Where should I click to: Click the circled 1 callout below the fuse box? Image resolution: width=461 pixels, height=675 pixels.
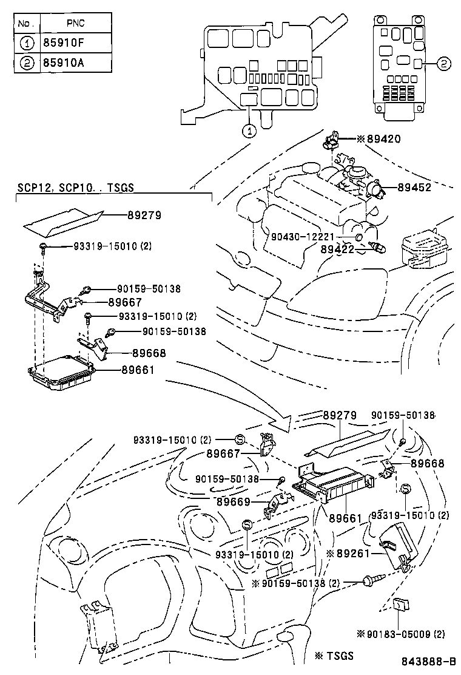click(250, 129)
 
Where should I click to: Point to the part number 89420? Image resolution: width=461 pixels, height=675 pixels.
click(382, 139)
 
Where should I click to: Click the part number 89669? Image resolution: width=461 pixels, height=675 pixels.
click(234, 501)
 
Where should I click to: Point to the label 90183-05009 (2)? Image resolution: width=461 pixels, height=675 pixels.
click(401, 634)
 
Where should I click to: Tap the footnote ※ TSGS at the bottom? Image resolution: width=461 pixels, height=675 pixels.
click(334, 656)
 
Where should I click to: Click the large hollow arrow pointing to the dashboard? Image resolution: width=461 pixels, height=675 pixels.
click(276, 419)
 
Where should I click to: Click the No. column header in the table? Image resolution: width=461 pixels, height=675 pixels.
click(25, 23)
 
